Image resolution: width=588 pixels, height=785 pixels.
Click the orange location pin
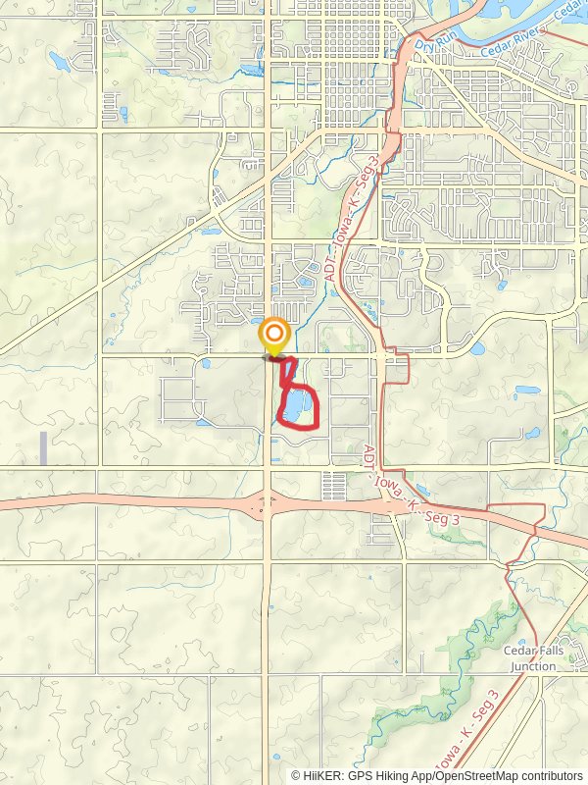pyautogui.click(x=274, y=337)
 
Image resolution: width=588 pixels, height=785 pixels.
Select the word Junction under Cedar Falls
pyautogui.click(x=530, y=666)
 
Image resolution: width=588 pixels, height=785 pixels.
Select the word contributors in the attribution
pyautogui.click(x=546, y=775)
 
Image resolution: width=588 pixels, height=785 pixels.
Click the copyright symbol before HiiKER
pyautogui.click(x=296, y=775)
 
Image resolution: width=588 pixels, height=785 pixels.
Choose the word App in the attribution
pyautogui.click(x=418, y=775)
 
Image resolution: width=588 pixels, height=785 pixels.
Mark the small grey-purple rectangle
pyautogui.click(x=43, y=448)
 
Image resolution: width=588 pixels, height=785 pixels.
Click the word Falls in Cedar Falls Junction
pyautogui.click(x=545, y=651)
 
